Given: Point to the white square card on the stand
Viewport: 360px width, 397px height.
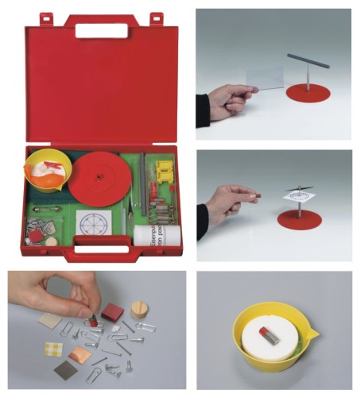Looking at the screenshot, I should [299, 193].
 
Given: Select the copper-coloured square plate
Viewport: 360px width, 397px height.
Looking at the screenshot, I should [80, 355].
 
